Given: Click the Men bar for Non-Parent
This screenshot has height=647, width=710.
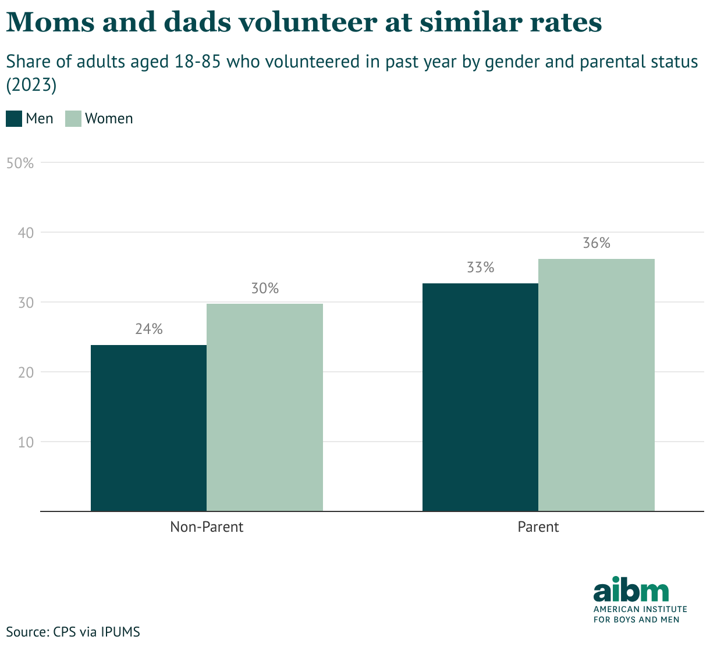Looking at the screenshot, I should (x=149, y=428).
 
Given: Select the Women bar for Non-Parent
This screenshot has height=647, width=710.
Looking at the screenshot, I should (x=265, y=407).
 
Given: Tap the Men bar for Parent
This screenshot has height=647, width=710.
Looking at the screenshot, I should (x=480, y=397).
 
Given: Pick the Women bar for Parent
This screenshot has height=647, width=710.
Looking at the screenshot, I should (x=597, y=385).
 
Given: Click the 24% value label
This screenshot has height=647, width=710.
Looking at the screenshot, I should (x=149, y=329).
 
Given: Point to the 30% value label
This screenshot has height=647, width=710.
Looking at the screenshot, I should (x=265, y=288).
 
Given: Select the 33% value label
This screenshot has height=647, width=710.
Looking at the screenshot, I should (x=480, y=268).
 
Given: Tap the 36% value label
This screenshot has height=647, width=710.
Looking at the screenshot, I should (x=597, y=243).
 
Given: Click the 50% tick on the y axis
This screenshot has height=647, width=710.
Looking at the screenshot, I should (x=20, y=163).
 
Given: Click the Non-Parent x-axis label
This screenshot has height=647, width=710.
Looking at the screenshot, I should (x=207, y=527).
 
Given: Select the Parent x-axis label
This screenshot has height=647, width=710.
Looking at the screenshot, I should (x=538, y=527).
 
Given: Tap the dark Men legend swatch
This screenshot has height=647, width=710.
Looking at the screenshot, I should (x=14, y=119).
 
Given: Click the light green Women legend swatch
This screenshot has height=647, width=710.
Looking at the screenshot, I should (x=73, y=119).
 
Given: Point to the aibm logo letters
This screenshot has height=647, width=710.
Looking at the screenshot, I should (x=631, y=591).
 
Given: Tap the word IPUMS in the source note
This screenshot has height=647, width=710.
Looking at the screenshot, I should (x=120, y=632).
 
